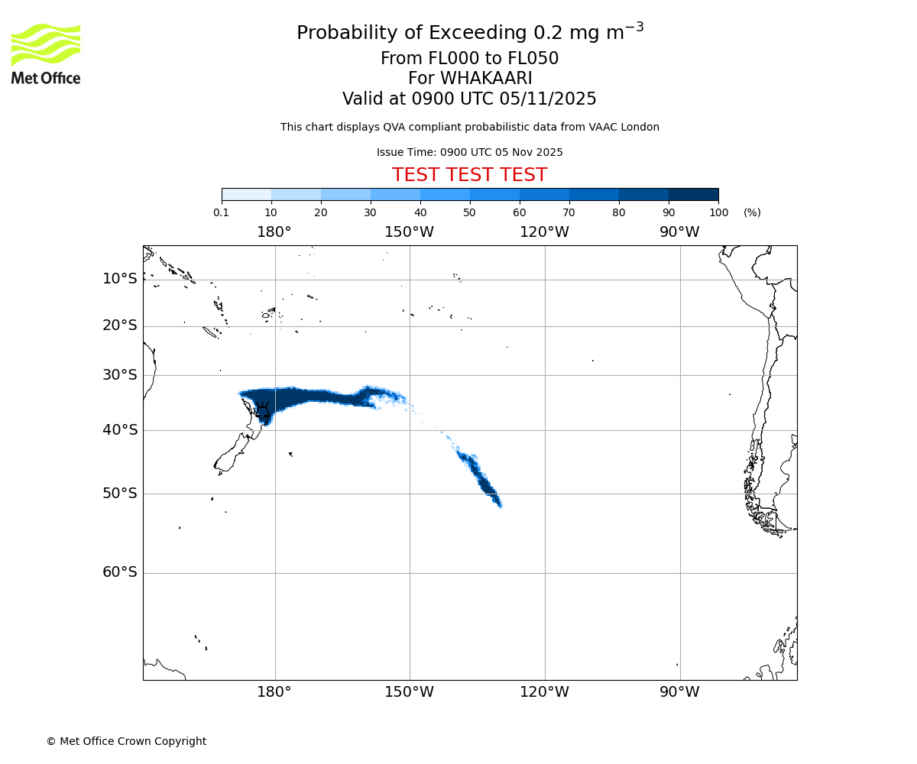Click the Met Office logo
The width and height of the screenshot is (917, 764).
click(46, 53)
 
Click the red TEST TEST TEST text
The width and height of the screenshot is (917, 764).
click(469, 175)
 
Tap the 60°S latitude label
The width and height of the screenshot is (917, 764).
click(119, 572)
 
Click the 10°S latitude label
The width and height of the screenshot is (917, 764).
click(119, 279)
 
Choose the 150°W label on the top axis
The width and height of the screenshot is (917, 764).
click(409, 232)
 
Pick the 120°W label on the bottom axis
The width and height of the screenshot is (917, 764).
click(544, 692)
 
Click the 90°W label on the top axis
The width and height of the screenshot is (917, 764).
click(679, 232)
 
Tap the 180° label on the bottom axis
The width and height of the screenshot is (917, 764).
click(274, 692)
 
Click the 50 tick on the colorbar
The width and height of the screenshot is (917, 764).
click(469, 213)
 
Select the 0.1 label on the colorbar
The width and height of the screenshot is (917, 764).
click(222, 213)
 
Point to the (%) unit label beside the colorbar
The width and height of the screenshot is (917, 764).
click(752, 213)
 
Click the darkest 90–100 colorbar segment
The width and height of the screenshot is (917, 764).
click(693, 195)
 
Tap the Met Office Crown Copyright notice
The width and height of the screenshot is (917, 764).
click(126, 741)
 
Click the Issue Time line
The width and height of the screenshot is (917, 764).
click(469, 152)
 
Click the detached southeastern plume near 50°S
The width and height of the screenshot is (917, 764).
click(481, 478)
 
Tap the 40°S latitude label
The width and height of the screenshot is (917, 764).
click(119, 430)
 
